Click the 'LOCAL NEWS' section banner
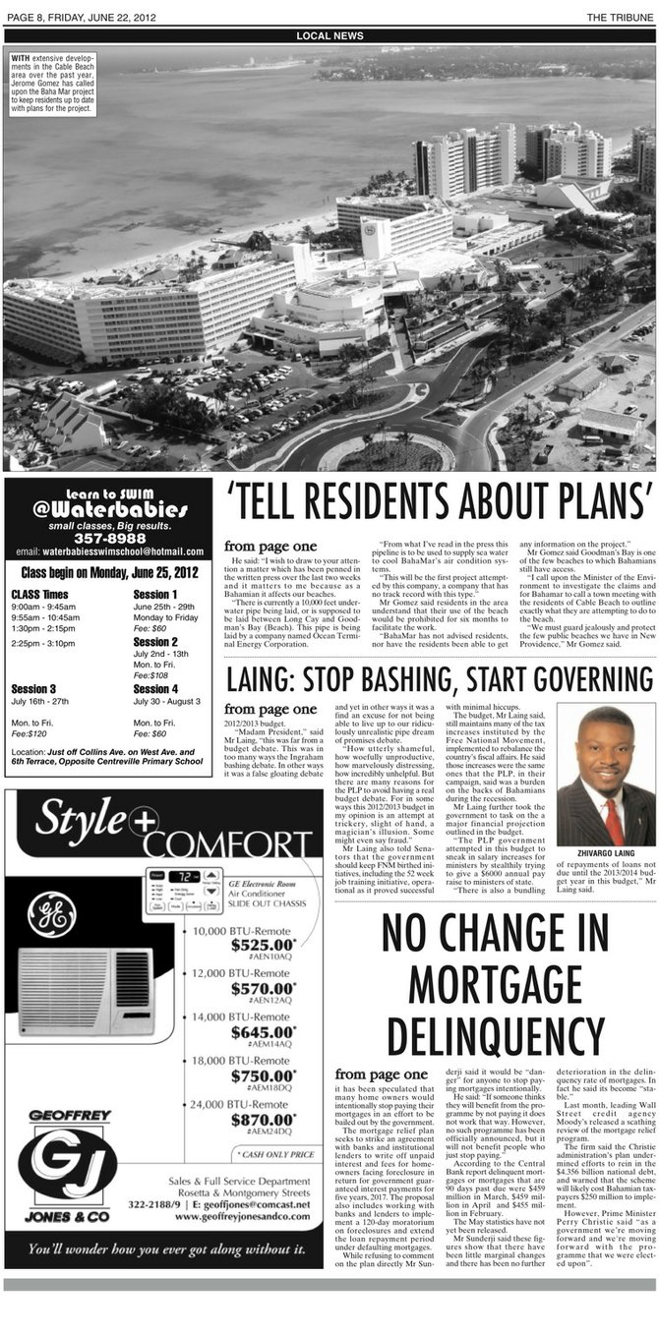point(329,36)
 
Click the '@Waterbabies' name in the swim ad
point(107,510)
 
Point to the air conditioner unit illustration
point(85,994)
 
